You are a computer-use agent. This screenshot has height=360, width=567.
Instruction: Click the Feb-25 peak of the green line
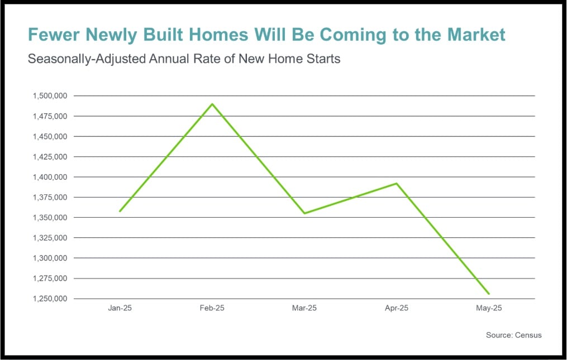[212, 104]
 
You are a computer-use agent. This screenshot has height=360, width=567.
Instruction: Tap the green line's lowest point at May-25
[489, 294]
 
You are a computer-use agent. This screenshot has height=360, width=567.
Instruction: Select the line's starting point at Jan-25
[120, 211]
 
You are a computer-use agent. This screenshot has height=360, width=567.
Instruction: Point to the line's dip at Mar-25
[304, 213]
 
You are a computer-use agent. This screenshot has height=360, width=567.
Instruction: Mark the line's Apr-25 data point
[397, 183]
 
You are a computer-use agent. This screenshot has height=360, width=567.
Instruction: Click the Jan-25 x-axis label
[120, 308]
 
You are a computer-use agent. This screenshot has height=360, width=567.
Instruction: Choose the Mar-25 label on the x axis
[304, 308]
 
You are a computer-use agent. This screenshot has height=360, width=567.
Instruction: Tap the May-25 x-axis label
[489, 308]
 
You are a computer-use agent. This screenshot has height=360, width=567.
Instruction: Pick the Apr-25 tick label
[397, 308]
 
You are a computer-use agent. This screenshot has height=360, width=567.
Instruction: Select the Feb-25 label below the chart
[212, 308]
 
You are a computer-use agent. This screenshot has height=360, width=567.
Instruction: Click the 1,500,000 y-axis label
[50, 96]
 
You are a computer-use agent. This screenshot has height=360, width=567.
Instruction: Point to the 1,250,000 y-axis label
[50, 299]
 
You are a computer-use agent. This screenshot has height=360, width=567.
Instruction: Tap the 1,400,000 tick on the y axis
[50, 177]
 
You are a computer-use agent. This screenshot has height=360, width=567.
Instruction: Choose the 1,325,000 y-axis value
[50, 238]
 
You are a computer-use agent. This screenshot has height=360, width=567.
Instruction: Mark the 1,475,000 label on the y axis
[50, 116]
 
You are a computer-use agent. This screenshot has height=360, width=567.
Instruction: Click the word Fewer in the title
[54, 35]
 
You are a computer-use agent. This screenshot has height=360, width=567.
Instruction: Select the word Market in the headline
[477, 35]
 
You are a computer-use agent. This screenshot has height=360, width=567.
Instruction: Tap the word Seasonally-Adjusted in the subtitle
[87, 59]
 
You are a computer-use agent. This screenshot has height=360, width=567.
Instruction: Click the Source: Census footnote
[513, 335]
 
